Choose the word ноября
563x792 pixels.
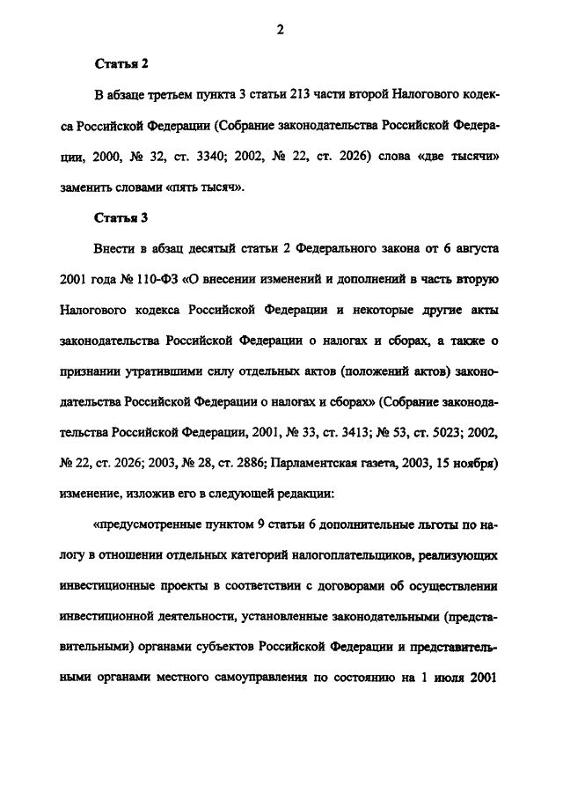(479, 464)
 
